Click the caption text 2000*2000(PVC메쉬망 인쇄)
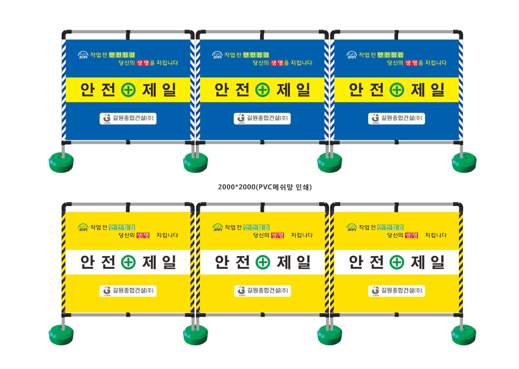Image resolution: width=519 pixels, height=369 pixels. pyautogui.click(x=260, y=186)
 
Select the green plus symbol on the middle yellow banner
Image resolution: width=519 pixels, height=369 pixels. pyautogui.click(x=262, y=262)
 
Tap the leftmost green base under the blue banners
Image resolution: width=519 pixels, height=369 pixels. pyautogui.click(x=61, y=162)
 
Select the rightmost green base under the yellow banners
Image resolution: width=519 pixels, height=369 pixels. pyautogui.click(x=463, y=334)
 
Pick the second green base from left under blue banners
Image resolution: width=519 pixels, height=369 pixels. pyautogui.click(x=195, y=162)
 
